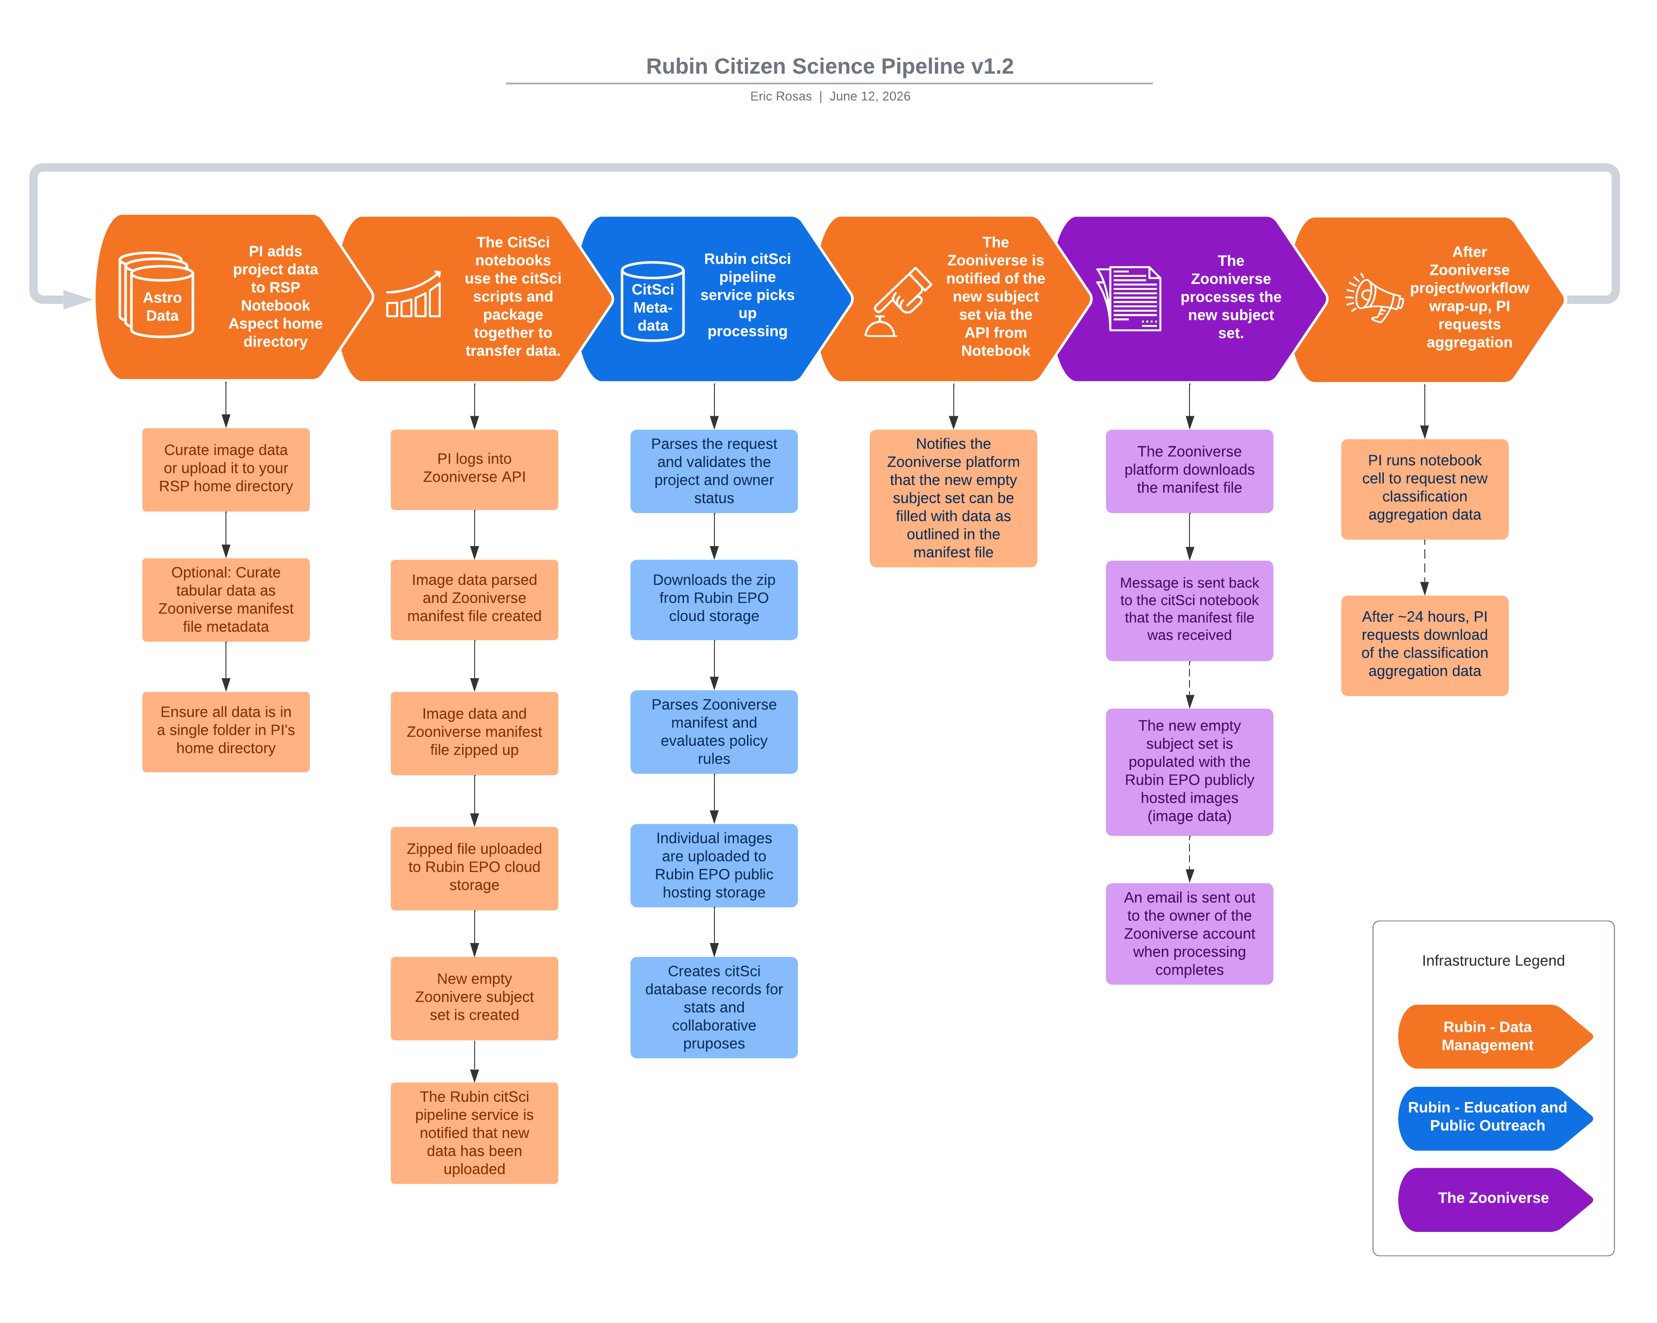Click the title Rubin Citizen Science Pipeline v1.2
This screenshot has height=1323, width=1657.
[829, 66]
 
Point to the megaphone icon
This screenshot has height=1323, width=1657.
[1374, 298]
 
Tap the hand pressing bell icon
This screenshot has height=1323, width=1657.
[897, 302]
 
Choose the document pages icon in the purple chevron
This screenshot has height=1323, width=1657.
[1128, 298]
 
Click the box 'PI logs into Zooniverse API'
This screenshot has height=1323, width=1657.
[474, 469]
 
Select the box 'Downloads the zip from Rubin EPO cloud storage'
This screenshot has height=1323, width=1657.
[714, 599]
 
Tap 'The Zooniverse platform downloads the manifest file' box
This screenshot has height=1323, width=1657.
[1189, 471]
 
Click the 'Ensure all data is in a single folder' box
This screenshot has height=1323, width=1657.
[226, 731]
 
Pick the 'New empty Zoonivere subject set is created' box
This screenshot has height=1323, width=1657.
[474, 998]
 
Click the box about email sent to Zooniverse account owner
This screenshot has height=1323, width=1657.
[1189, 933]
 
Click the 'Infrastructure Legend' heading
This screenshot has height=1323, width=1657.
[1493, 961]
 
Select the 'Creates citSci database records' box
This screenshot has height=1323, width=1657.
[714, 1007]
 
